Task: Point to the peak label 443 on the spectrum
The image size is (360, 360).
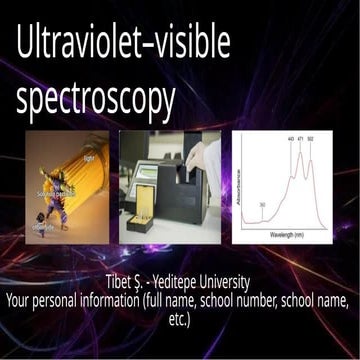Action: click(290, 139)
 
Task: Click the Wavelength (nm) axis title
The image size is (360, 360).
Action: click(290, 237)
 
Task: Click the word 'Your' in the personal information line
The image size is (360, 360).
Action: click(21, 297)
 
